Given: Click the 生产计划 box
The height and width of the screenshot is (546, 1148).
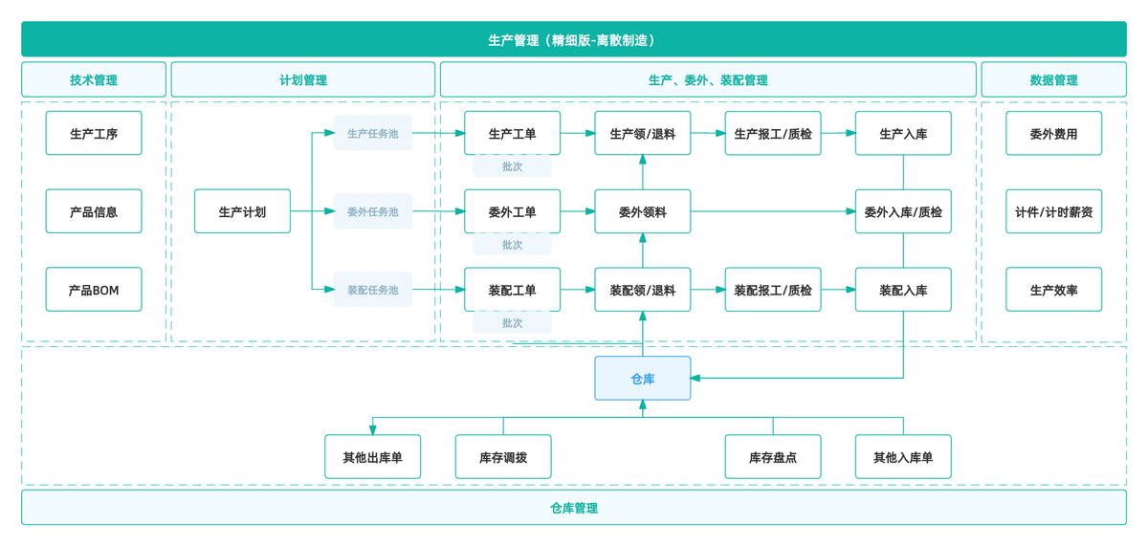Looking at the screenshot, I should point(242,211).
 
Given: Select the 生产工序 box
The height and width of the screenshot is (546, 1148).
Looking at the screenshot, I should point(94,134).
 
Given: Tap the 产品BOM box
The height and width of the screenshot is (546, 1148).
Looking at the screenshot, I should point(94,290).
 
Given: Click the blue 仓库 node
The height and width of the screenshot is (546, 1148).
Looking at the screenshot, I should point(642,379).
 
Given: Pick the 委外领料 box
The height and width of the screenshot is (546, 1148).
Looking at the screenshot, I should point(642,211).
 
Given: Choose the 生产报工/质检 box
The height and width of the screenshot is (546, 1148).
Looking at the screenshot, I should point(772,134).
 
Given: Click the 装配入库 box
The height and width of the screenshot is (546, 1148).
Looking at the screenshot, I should point(902,290).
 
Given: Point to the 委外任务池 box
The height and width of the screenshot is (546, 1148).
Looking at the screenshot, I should point(372,211).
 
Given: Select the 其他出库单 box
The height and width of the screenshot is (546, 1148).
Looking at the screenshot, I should point(372,457).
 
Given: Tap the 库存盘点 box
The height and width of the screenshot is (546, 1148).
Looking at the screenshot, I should point(772,457).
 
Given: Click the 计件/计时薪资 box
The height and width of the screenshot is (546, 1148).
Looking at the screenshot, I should point(1053,211).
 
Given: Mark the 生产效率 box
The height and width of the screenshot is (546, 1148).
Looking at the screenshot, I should point(1053,290).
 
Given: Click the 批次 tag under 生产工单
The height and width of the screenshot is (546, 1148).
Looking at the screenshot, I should point(512,166).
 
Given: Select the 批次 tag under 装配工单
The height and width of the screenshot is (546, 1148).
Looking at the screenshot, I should point(512,323).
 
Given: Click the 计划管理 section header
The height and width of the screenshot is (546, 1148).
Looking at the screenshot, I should point(302,80).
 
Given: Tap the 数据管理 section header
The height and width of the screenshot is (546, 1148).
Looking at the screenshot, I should point(1053,80).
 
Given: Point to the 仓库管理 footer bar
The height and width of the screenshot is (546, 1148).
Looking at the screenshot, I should point(574,508).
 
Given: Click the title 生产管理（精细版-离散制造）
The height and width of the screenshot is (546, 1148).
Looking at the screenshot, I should point(574,40).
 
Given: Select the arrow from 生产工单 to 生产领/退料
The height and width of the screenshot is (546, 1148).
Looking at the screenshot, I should point(578,134).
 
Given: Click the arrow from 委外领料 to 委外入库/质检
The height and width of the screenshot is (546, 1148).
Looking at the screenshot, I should point(773,211).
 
